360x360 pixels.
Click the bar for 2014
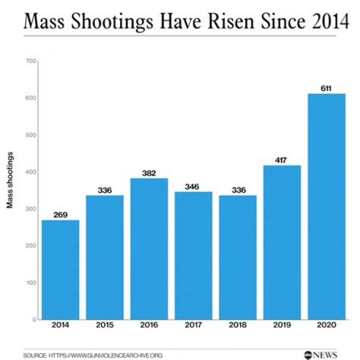60,270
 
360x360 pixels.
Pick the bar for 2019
282,242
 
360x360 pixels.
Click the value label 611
326,89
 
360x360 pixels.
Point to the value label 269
60,215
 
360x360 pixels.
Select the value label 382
149,173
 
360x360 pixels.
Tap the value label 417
282,160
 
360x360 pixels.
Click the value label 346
193,186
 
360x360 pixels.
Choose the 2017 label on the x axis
193,325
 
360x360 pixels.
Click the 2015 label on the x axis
104,325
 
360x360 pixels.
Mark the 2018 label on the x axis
237,325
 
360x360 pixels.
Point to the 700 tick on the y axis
31,61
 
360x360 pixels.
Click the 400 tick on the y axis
31,172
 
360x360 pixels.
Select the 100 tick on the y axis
31,283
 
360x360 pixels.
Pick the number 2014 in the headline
325,21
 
